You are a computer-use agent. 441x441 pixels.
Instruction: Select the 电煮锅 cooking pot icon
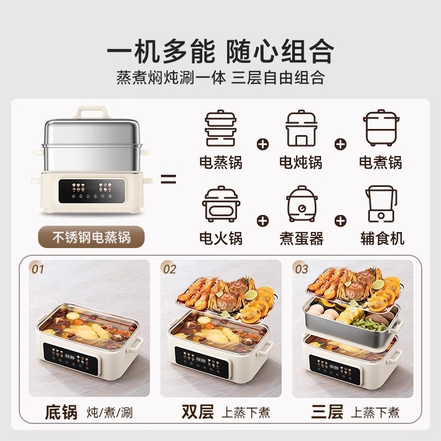(x=380, y=128)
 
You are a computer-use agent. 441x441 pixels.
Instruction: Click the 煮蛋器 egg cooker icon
(x=300, y=205)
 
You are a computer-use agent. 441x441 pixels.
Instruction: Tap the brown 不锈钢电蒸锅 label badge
(x=91, y=238)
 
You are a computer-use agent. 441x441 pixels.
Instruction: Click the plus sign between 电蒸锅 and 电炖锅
(x=263, y=144)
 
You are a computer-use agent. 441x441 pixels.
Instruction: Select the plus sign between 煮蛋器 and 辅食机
(x=341, y=220)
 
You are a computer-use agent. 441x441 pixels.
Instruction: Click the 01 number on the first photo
(x=37, y=270)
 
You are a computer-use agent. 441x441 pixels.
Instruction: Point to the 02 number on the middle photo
(x=170, y=270)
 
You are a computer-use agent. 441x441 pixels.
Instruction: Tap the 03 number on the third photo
(x=302, y=270)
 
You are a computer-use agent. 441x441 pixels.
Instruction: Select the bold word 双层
(x=197, y=412)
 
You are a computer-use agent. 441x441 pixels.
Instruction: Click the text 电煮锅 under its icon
(x=380, y=162)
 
